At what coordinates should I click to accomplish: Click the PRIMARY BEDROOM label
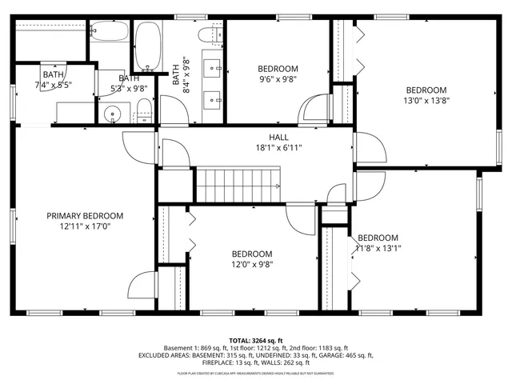pyautogui.click(x=84, y=216)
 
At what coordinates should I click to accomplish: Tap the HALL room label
pyautogui.click(x=278, y=137)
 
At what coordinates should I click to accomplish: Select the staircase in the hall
pyautogui.click(x=239, y=186)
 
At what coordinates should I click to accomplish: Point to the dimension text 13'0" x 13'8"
pyautogui.click(x=425, y=101)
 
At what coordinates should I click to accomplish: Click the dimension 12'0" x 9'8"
pyautogui.click(x=252, y=265)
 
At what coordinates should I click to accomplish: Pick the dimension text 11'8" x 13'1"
pyautogui.click(x=378, y=248)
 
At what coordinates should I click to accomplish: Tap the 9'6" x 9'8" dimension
pyautogui.click(x=278, y=80)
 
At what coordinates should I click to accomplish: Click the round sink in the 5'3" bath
pyautogui.click(x=113, y=114)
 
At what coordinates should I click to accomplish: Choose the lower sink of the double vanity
pyautogui.click(x=214, y=101)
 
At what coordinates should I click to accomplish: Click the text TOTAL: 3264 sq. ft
pyautogui.click(x=256, y=340)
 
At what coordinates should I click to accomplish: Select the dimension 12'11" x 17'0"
pyautogui.click(x=84, y=227)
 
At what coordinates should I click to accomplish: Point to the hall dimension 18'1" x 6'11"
pyautogui.click(x=278, y=147)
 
